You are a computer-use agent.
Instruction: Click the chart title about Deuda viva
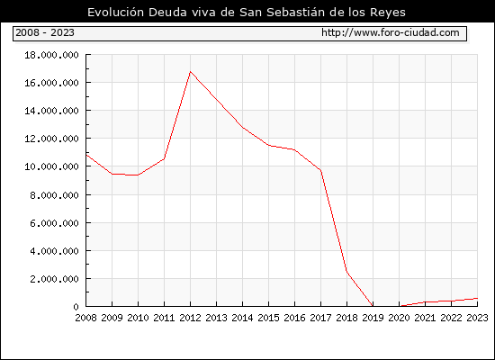coord(247,12)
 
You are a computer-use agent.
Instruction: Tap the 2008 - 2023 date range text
coord(45,32)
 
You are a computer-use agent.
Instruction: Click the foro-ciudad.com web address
coord(391,32)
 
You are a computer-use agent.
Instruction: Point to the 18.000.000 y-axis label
coord(51,55)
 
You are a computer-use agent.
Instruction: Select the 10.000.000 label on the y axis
coord(51,166)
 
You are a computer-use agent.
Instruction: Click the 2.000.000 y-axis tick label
coord(54,279)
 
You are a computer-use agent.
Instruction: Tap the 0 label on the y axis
coord(76,307)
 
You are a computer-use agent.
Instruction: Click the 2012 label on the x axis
coord(190,318)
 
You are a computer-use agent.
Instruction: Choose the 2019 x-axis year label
coord(373,318)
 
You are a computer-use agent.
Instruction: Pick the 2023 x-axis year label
coord(477,318)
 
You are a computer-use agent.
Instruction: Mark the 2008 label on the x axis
coord(85,318)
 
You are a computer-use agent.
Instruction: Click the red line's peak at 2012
coord(190,71)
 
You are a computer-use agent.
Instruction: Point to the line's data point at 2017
coord(320,170)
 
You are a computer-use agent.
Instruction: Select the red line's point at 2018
coord(346,271)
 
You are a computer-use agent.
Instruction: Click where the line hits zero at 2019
coord(373,306)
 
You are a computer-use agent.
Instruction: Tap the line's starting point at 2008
coord(86,155)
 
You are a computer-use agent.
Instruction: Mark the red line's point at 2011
coord(164,158)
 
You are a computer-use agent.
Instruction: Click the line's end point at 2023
coord(477,298)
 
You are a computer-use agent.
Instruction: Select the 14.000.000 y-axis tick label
coord(51,111)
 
